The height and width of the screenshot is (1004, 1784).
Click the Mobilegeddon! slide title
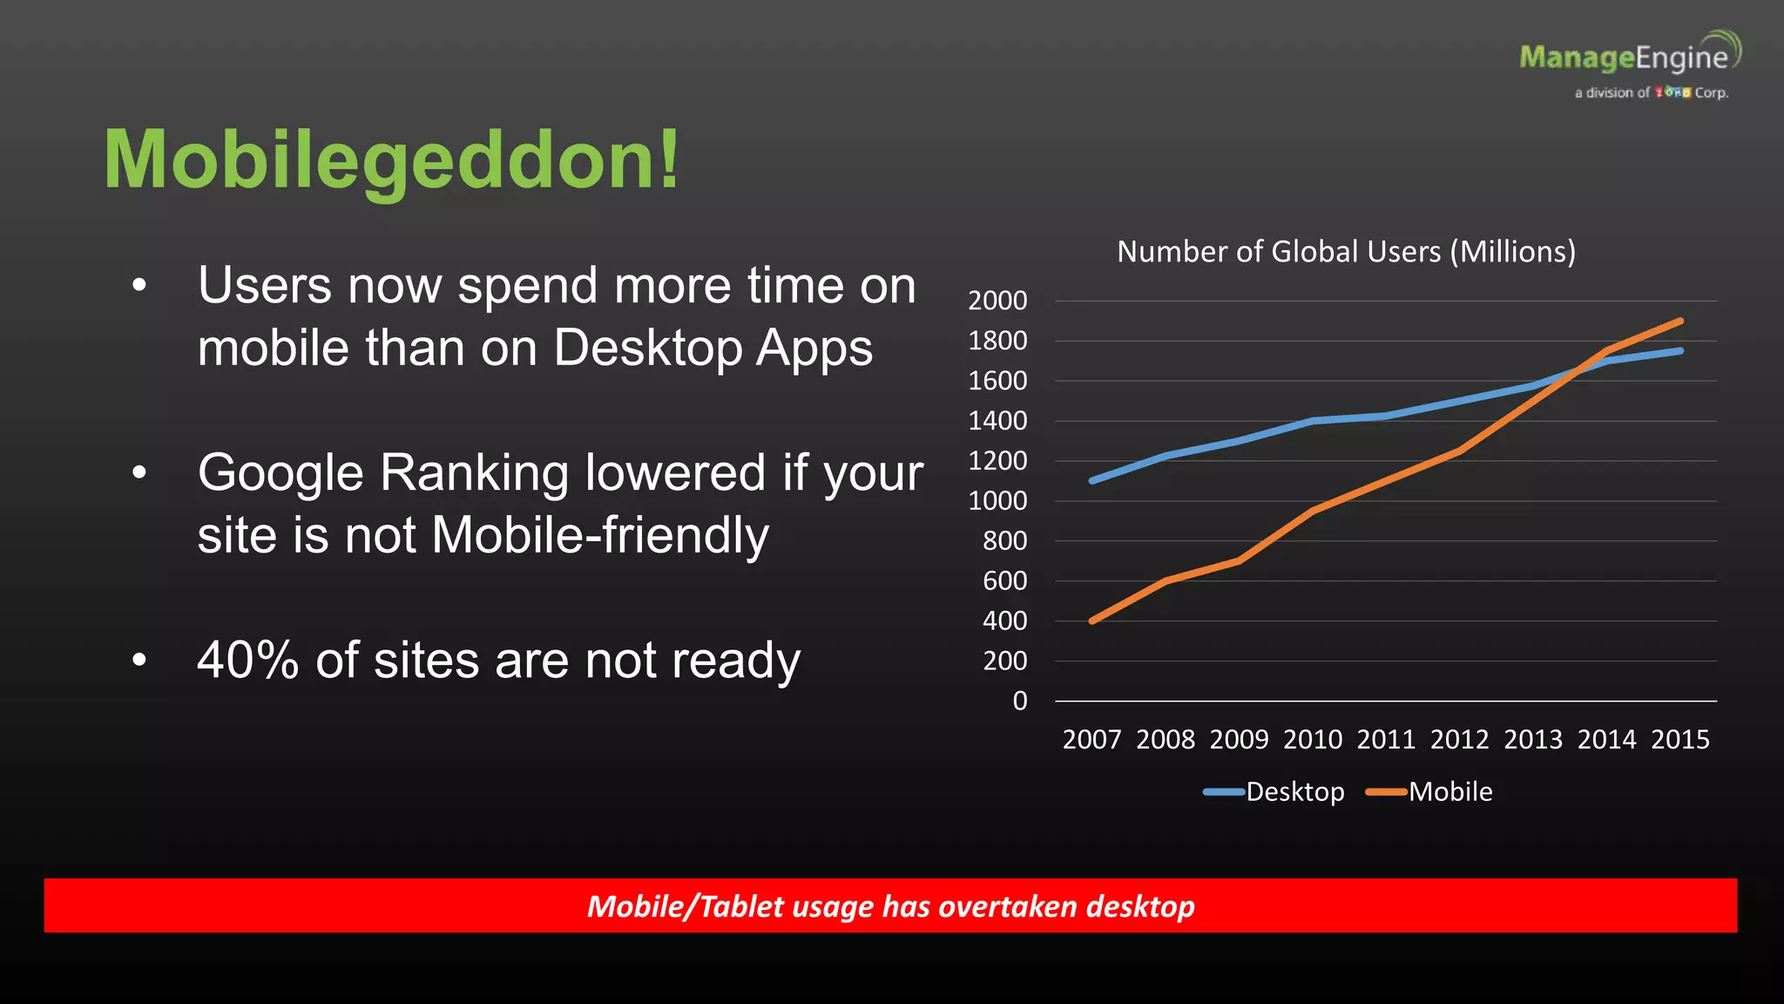391,160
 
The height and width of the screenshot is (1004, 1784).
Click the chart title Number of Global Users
1346,252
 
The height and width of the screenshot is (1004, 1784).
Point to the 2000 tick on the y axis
997,301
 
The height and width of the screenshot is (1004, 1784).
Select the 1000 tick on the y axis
997,501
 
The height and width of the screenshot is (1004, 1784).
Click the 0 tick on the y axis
1019,701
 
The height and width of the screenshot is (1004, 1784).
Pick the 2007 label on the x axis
1091,740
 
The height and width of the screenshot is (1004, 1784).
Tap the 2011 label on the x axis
1386,740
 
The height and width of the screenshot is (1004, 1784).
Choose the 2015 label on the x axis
1680,740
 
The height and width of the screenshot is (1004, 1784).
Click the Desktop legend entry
1294,791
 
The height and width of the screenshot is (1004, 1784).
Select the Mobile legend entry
1450,791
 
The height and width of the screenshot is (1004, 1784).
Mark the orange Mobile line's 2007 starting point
1092,621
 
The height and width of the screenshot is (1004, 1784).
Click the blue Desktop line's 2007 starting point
1092,480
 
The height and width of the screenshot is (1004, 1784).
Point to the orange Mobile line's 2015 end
1680,322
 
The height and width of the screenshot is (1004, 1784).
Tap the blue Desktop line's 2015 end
1680,351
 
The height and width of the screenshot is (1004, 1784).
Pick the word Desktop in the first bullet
648,349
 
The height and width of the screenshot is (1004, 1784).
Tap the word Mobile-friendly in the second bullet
600,535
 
